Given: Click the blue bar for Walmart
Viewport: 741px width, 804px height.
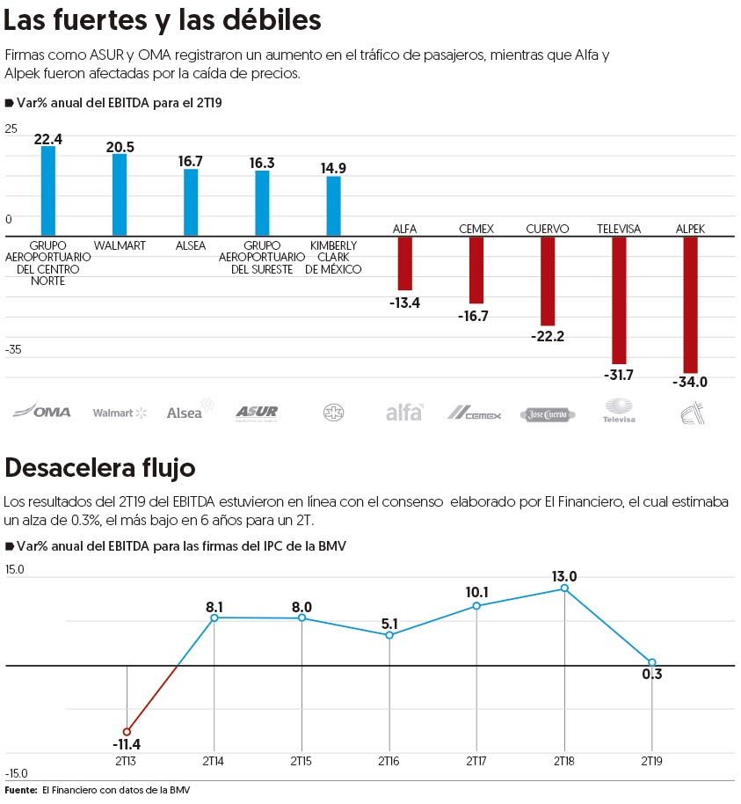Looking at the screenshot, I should click(120, 194).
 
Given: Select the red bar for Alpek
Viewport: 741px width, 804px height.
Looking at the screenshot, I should click(690, 304).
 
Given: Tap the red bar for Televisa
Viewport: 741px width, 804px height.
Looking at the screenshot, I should click(619, 300).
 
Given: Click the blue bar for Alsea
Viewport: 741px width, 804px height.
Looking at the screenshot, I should click(191, 202).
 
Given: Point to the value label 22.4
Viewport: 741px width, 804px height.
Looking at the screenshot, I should click(48, 138).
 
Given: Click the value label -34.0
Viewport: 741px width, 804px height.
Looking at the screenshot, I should click(690, 383).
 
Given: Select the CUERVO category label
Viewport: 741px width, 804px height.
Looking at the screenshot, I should click(548, 229).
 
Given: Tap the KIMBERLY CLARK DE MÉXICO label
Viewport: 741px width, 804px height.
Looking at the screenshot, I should click(333, 257).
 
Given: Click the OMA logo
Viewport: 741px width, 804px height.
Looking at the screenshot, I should click(44, 411).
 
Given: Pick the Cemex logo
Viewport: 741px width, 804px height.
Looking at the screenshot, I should click(475, 413).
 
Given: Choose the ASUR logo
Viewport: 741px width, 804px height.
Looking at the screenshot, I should click(257, 412).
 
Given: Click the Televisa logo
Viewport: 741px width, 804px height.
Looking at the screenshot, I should click(618, 410).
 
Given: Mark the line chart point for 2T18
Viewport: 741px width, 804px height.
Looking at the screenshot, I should click(564, 588).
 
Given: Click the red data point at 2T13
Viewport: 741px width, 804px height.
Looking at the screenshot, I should click(127, 731).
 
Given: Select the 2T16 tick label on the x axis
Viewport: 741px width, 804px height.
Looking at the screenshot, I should click(389, 760).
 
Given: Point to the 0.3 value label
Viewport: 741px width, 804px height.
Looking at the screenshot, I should click(652, 676).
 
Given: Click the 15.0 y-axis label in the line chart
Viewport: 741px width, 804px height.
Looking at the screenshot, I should click(15, 569).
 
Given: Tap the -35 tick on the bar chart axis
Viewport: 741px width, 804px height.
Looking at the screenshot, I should click(13, 349).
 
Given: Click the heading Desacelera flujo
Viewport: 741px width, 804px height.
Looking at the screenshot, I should click(100, 466).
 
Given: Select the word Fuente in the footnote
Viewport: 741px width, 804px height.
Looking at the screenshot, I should click(20, 791).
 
